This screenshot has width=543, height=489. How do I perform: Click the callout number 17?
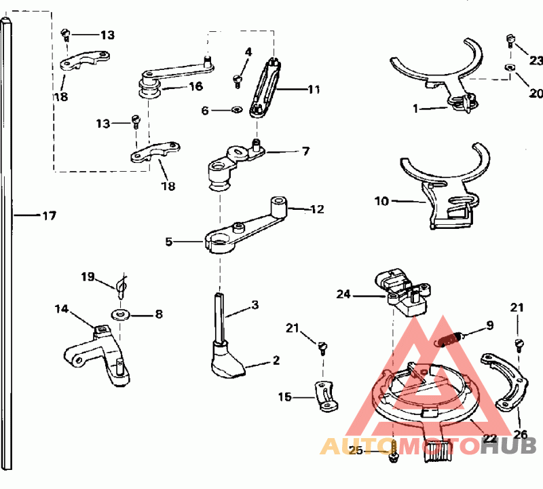point(49,216)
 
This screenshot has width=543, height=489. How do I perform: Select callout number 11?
point(313,89)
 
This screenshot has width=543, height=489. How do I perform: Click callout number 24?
point(344,294)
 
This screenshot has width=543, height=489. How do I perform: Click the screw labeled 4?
point(238,81)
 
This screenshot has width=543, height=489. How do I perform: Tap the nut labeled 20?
point(509,67)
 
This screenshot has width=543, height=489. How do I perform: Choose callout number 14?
point(62,309)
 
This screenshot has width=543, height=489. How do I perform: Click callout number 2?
point(276,360)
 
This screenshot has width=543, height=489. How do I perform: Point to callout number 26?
point(521,434)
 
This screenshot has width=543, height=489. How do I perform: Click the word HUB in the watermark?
point(508,446)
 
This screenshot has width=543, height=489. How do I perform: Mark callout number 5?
point(169,240)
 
